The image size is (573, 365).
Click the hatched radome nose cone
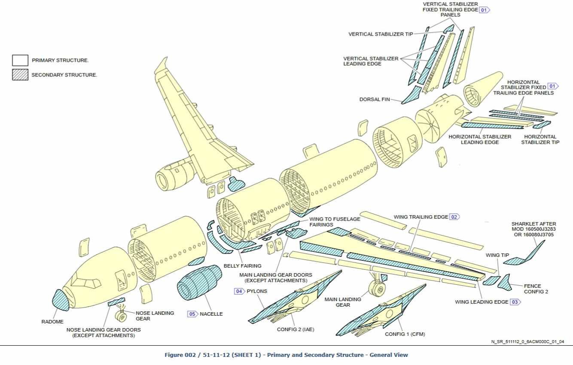pos(61,300)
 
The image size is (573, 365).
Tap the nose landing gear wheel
pos(121,317)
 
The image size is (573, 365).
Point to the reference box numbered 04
pos(239,291)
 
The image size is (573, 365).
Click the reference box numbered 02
pos(454,217)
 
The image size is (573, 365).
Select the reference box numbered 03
pos(515,302)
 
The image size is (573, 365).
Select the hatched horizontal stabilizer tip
pos(542,125)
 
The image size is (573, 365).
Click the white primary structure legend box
pos(20,60)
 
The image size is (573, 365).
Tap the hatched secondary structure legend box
pos(20,75)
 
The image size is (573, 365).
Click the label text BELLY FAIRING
pos(242,266)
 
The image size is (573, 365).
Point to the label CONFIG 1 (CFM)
pos(405,334)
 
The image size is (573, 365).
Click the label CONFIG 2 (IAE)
pos(296,330)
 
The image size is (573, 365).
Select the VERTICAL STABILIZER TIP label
pos(381,34)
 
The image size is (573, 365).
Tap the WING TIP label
pos(497,255)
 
